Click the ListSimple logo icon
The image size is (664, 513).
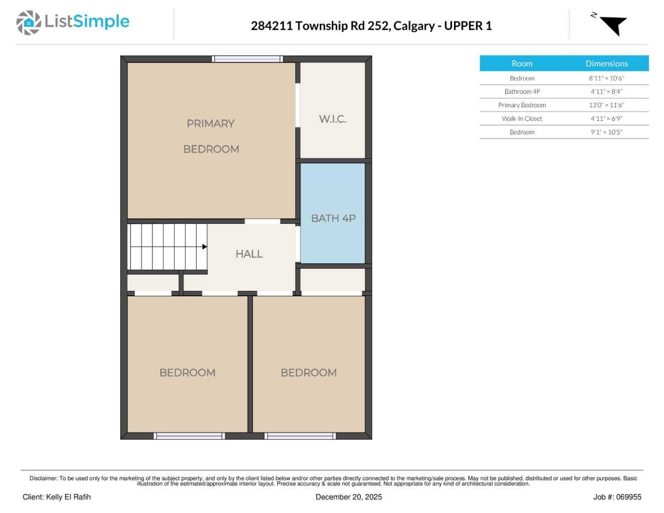click(29, 23)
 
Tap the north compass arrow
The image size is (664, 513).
click(614, 25)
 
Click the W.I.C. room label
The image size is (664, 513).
click(332, 119)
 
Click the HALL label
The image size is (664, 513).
click(249, 254)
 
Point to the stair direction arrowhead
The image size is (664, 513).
click(204, 247)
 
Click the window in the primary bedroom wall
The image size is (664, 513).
click(247, 59)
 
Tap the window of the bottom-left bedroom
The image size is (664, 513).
click(189, 436)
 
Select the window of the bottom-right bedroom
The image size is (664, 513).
click(300, 436)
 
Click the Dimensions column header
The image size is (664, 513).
click(606, 64)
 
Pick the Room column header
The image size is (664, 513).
click(522, 64)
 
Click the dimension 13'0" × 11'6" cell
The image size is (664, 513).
click(606, 105)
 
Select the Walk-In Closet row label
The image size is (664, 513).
click(522, 118)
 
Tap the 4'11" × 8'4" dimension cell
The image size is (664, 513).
click(606, 91)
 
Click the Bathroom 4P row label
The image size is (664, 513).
click(522, 91)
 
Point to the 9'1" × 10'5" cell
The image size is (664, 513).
click(606, 132)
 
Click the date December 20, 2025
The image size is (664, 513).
click(349, 497)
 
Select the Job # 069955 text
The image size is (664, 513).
click(617, 497)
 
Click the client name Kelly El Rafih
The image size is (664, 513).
click(68, 497)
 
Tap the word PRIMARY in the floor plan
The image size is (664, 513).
click(210, 124)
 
